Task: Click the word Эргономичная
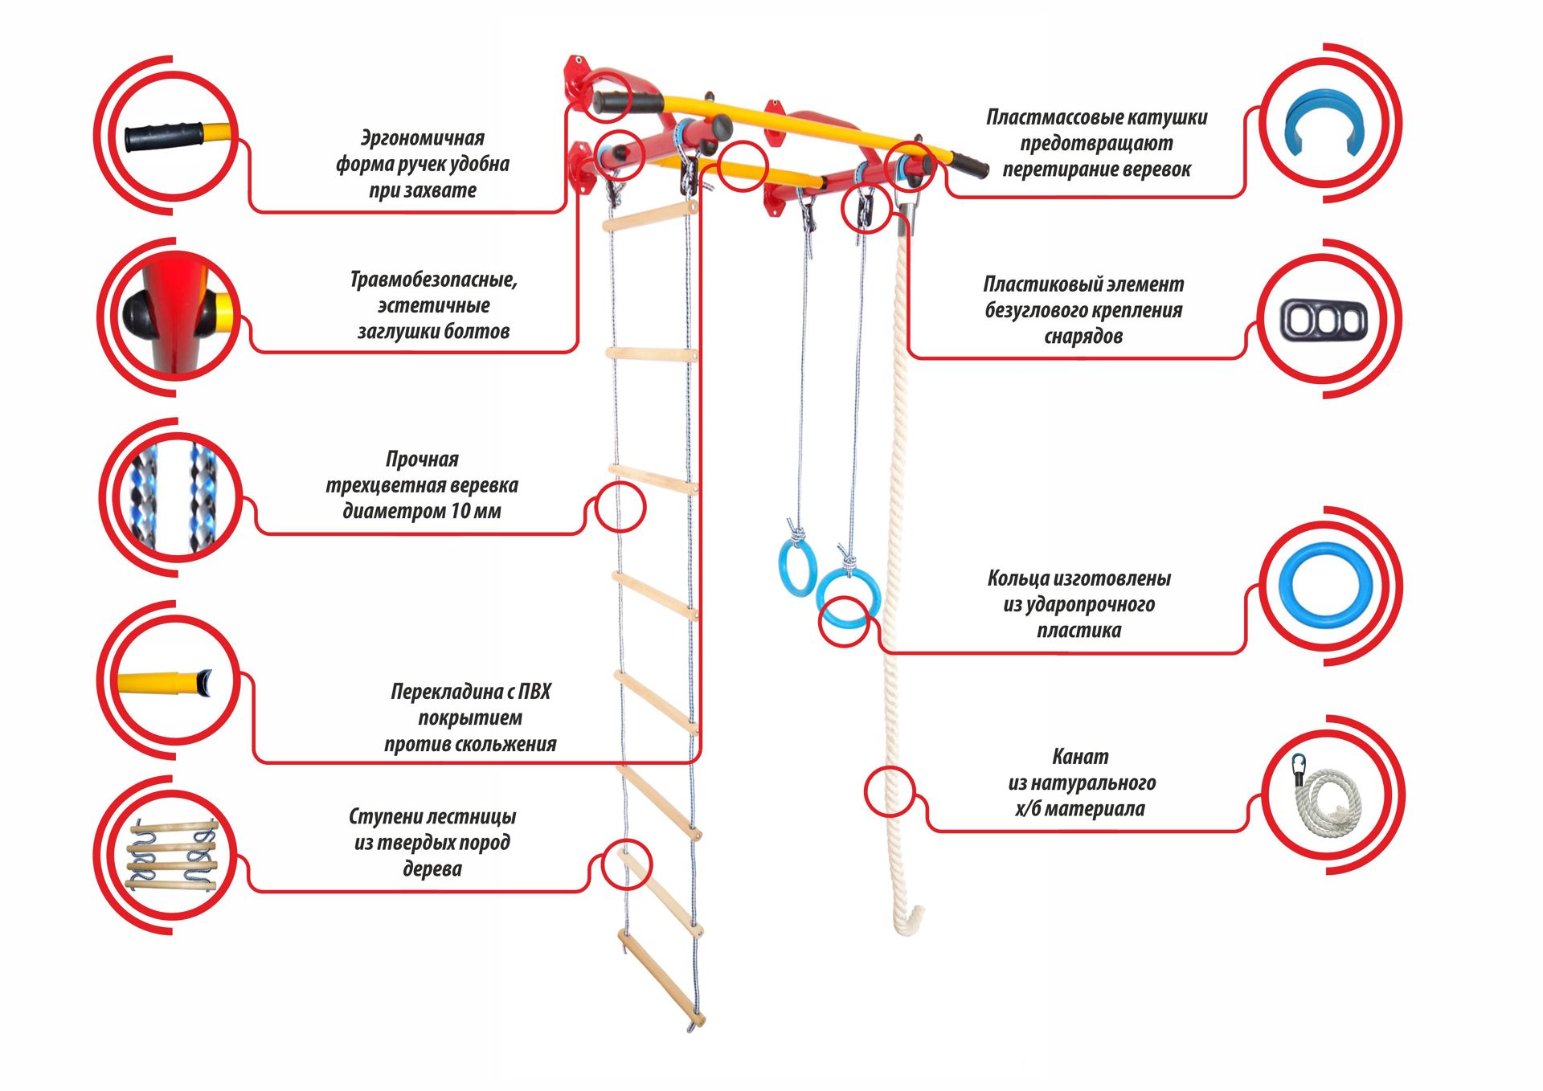click(422, 138)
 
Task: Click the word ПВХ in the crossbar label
click(534, 692)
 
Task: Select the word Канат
click(1080, 757)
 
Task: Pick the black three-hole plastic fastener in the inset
click(1323, 321)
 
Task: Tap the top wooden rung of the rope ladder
click(651, 216)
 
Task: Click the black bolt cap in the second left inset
click(141, 313)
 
